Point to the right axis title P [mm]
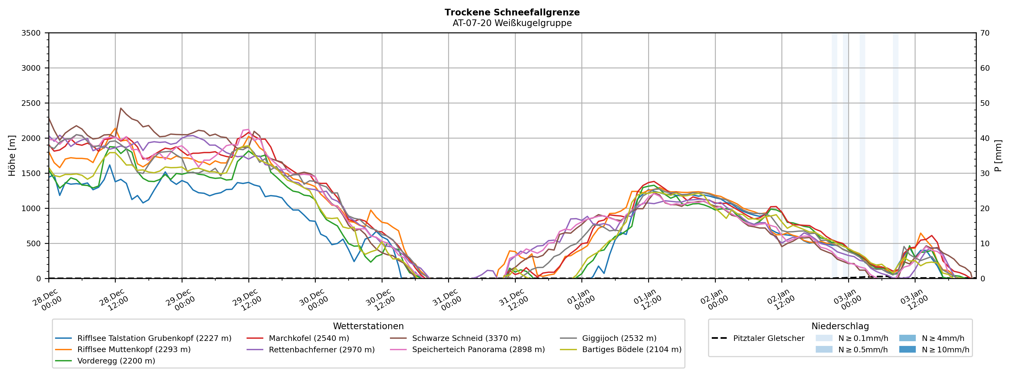[x=998, y=155]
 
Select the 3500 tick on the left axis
[x=31, y=33]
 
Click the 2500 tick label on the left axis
[x=31, y=103]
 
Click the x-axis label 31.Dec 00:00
[x=447, y=300]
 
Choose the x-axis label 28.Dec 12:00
[x=113, y=300]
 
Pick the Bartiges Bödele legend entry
[x=631, y=350]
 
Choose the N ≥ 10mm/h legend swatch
[x=907, y=350]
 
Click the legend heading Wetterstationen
[x=368, y=326]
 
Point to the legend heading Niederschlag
[x=840, y=326]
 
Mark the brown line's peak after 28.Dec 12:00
[x=121, y=108]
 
